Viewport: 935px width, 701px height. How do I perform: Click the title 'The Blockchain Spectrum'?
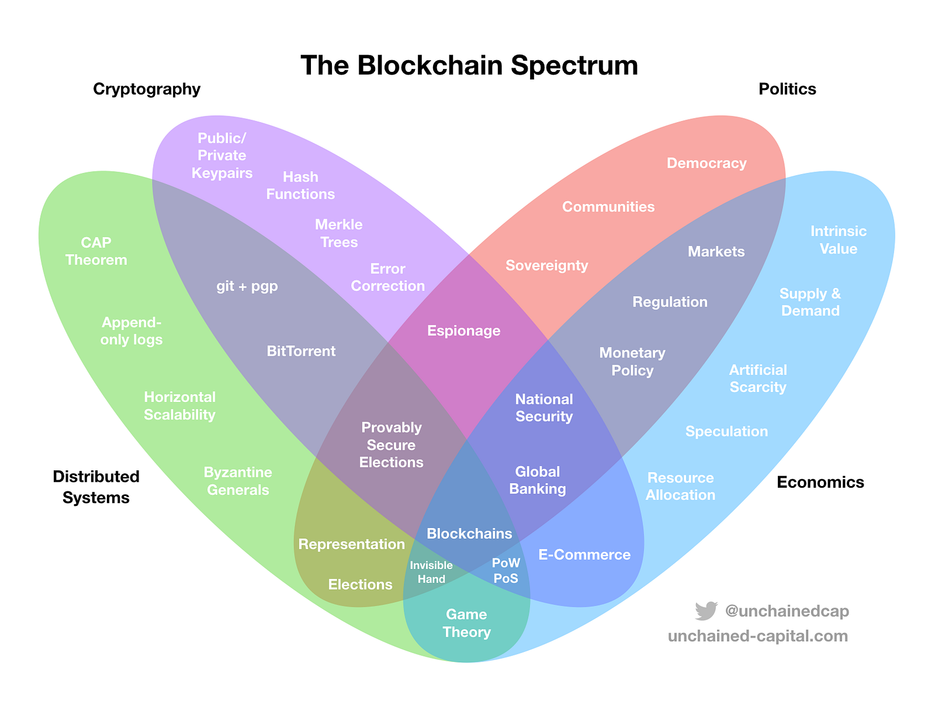[469, 65]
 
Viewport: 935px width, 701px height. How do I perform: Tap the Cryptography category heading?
[147, 89]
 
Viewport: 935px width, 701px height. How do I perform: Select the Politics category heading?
[787, 89]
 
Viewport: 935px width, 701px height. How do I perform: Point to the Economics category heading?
[820, 483]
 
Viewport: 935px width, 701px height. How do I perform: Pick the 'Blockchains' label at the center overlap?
[469, 533]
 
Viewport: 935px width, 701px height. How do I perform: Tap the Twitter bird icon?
[706, 611]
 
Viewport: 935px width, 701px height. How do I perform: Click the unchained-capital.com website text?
[757, 636]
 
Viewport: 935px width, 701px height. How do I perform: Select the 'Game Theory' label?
[466, 623]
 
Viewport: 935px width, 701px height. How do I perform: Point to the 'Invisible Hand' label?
[431, 572]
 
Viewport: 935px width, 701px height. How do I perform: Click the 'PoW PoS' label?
[506, 571]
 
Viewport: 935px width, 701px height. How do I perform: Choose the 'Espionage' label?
[464, 331]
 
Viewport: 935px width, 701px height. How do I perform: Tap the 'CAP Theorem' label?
[96, 251]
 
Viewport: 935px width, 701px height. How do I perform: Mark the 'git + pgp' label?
[247, 286]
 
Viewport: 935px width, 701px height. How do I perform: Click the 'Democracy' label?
[707, 164]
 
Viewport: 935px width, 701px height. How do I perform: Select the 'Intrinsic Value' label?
[838, 240]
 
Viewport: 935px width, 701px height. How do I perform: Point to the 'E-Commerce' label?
[584, 555]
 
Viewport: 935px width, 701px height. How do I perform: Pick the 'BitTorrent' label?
[301, 351]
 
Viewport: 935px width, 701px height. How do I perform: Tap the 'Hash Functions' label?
[300, 185]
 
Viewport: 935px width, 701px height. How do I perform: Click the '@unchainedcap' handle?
[787, 611]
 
